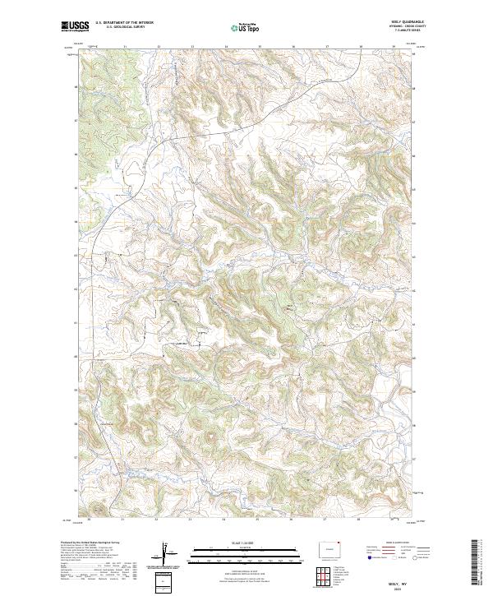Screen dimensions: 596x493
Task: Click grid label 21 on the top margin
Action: pyautogui.click(x=124, y=47)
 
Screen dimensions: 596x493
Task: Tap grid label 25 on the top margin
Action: pyautogui.click(x=260, y=47)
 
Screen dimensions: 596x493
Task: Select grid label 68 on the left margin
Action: pyautogui.click(x=77, y=86)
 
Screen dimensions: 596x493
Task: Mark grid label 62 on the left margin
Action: pyautogui.click(x=77, y=289)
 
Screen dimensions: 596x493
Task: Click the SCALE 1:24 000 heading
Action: pyautogui.click(x=246, y=543)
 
